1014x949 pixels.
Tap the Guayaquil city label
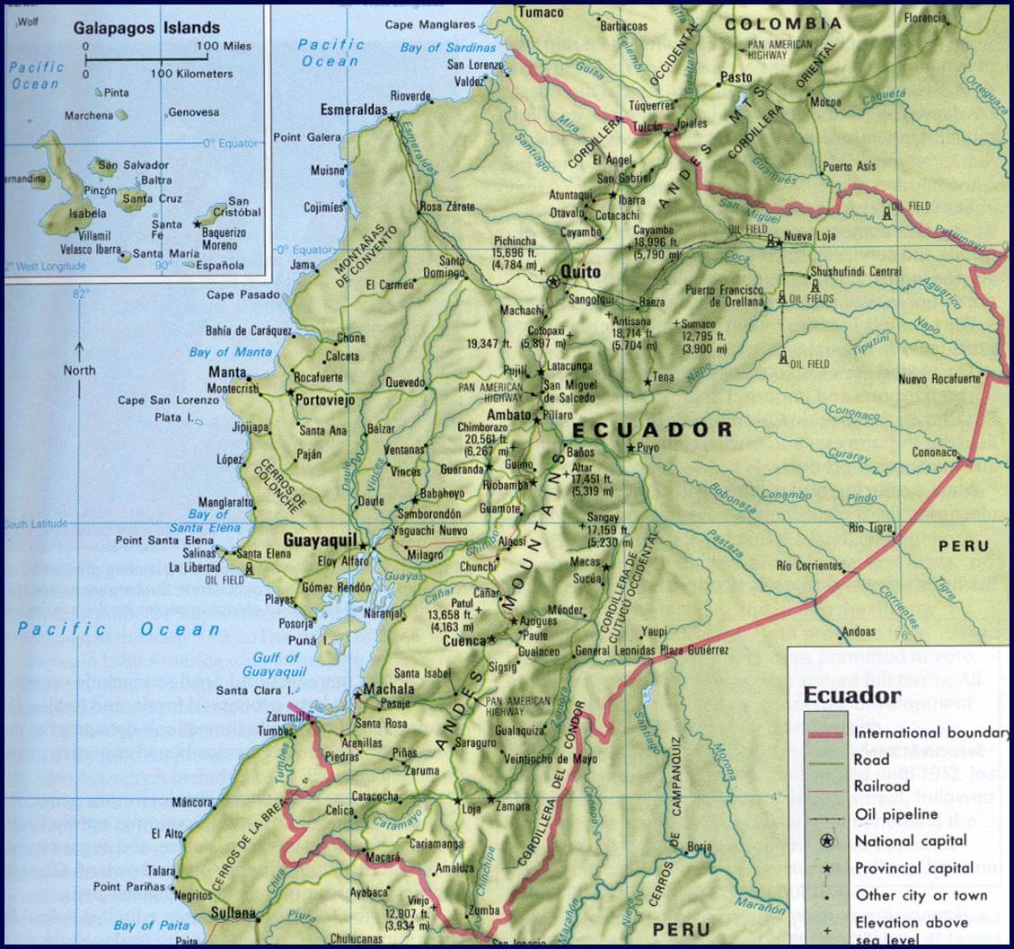pyautogui.click(x=320, y=540)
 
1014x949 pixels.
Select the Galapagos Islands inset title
pyautogui.click(x=146, y=28)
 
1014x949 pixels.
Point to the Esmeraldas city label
pyautogui.click(x=353, y=110)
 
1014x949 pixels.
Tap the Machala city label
pyautogui.click(x=391, y=690)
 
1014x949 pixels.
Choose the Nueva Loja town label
pyautogui.click(x=811, y=236)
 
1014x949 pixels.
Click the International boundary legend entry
pyautogui.click(x=930, y=733)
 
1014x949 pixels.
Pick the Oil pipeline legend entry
pyautogui.click(x=895, y=814)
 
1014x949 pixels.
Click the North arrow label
pyautogui.click(x=79, y=370)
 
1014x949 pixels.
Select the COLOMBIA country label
pyautogui.click(x=783, y=24)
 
